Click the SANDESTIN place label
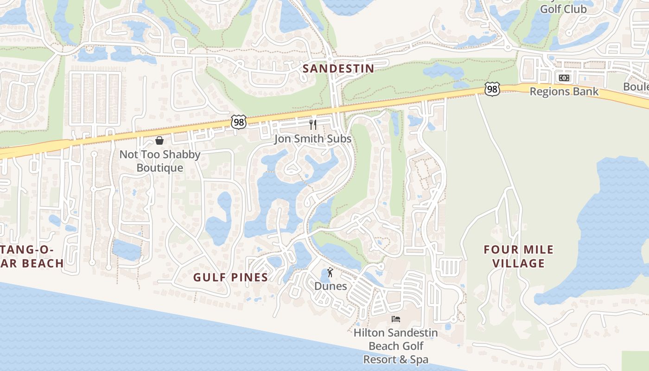pyautogui.click(x=338, y=69)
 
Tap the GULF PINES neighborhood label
pyautogui.click(x=230, y=277)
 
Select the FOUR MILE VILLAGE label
pyautogui.click(x=518, y=256)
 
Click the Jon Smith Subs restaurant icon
pyautogui.click(x=313, y=124)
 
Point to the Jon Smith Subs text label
pyautogui.click(x=312, y=139)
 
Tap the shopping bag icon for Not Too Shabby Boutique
pyautogui.click(x=159, y=140)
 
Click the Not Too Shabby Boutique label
pyautogui.click(x=160, y=161)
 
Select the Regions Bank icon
pyautogui.click(x=564, y=78)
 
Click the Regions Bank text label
pyautogui.click(x=564, y=91)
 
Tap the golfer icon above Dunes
pyautogui.click(x=330, y=272)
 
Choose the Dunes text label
pyautogui.click(x=331, y=286)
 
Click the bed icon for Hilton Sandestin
pyautogui.click(x=395, y=319)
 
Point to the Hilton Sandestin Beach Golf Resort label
pyautogui.click(x=395, y=346)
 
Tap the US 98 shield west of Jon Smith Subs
pyautogui.click(x=238, y=122)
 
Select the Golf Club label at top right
pyautogui.click(x=563, y=9)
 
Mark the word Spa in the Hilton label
pyautogui.click(x=418, y=359)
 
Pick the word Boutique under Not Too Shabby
pyautogui.click(x=160, y=167)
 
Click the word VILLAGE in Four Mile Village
pyautogui.click(x=518, y=263)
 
